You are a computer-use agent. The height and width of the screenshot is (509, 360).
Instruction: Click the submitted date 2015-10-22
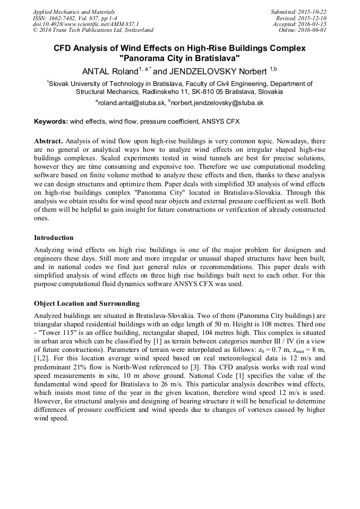pos(313,12)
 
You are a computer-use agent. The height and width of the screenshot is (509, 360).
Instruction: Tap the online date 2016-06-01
pos(313,30)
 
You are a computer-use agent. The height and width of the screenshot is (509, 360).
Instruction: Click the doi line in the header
pos(85,24)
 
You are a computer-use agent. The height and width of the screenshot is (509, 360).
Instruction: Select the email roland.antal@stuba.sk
pos(130,103)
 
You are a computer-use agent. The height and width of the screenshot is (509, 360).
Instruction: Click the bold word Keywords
pos(51,122)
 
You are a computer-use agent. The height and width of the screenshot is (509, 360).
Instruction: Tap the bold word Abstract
pos(48,142)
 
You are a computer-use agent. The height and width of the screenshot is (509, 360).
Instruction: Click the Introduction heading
pos(54,238)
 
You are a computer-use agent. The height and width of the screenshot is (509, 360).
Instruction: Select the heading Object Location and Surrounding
pos(87,304)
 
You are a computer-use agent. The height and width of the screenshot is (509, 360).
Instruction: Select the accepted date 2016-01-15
pos(313,24)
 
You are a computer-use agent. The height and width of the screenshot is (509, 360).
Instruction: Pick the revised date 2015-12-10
pos(313,18)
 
